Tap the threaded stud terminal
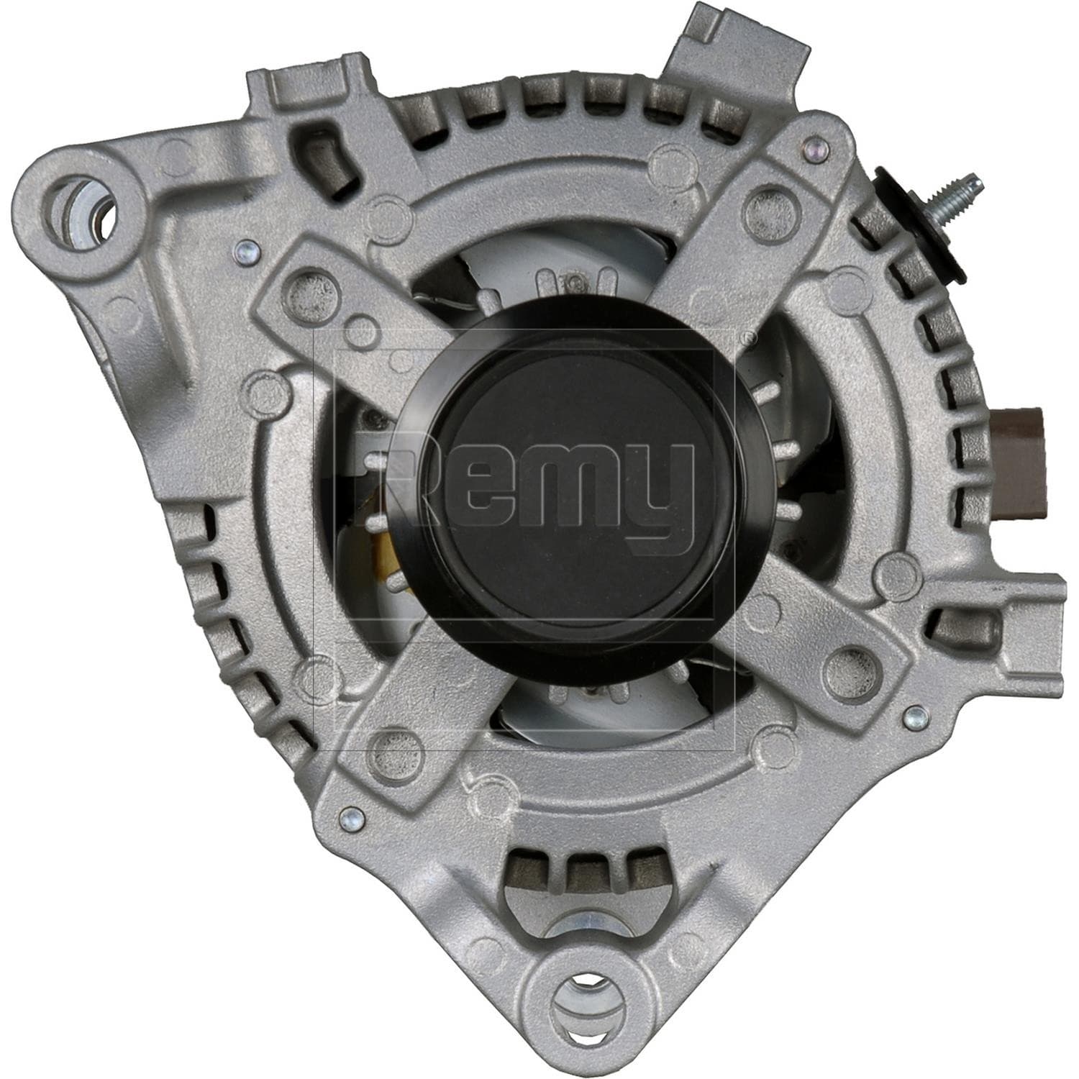(950, 197)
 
